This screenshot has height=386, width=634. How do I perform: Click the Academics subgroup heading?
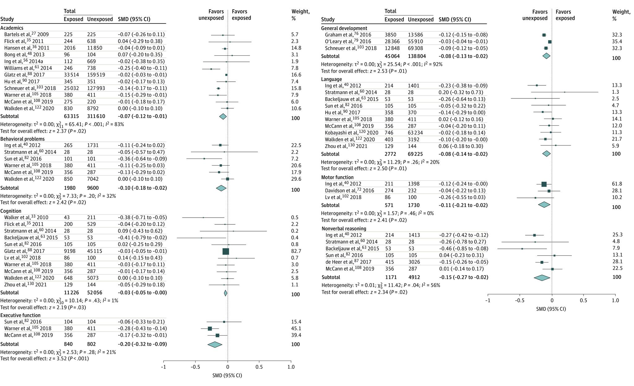12,28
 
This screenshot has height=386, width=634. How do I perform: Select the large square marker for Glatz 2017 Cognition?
226,251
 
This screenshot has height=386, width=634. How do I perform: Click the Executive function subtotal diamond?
215,344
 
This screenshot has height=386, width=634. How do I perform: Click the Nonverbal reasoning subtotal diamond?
542,278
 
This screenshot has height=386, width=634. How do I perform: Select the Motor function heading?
337,177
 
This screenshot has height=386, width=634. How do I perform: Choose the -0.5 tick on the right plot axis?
520,300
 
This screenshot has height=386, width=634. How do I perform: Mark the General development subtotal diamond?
546,56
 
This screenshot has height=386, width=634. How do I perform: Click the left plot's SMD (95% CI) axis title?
227,375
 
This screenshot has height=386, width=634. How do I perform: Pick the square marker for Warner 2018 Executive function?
210,328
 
